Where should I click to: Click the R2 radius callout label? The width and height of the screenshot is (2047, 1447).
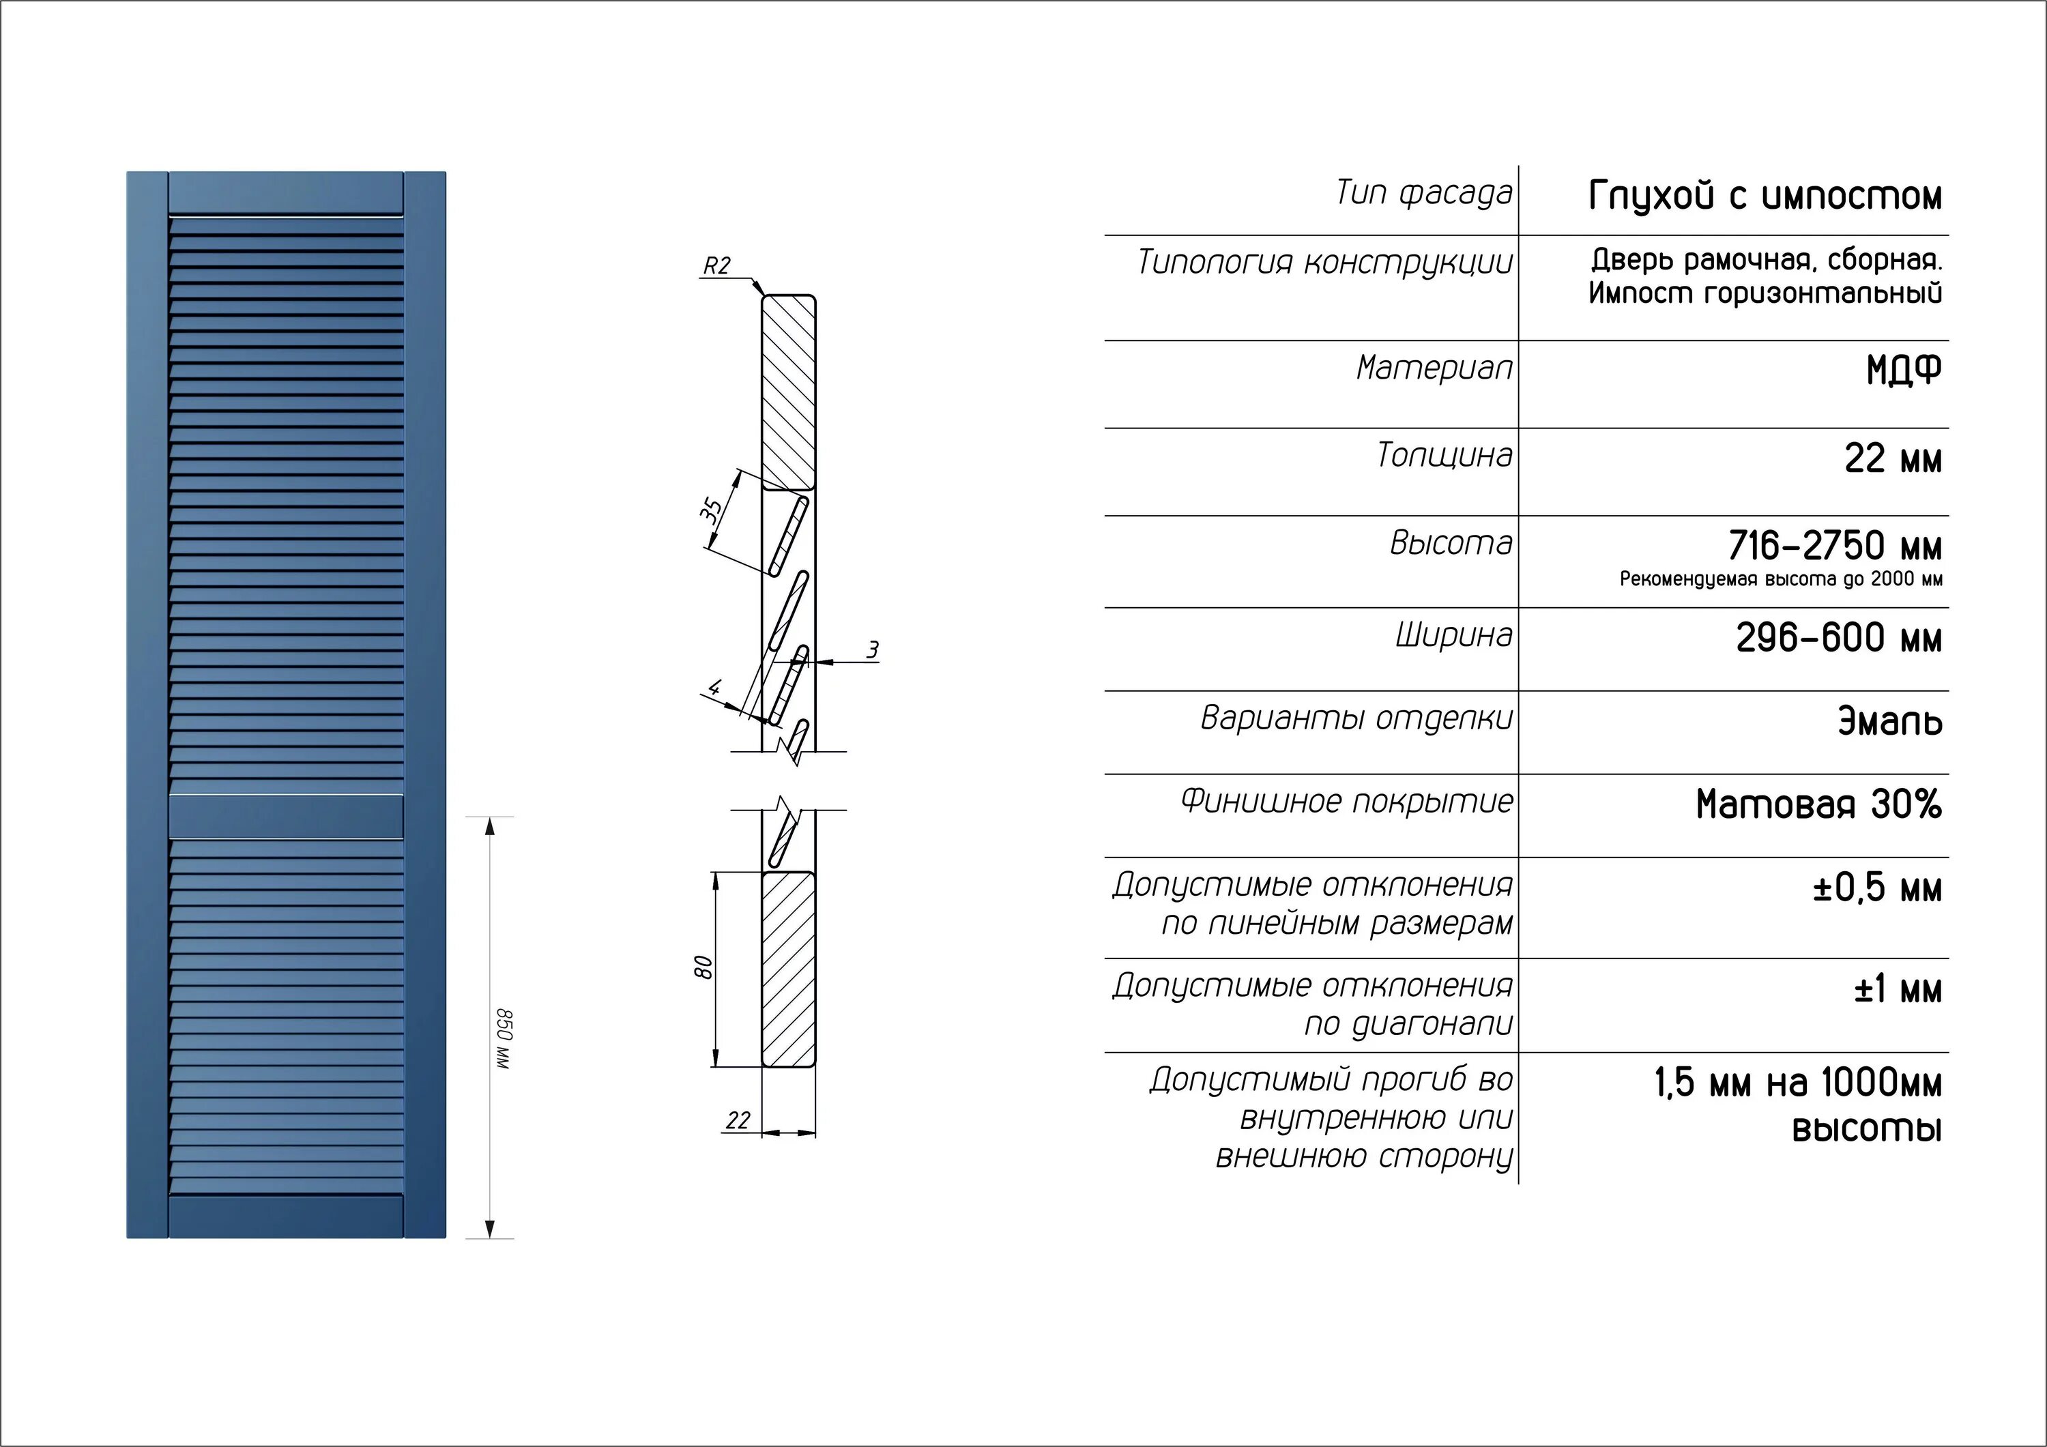pos(717,265)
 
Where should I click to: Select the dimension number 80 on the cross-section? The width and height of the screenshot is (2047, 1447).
pos(703,967)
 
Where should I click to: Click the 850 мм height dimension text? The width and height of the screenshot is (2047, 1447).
pos(504,1038)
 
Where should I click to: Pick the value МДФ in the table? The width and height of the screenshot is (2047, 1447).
pos(1904,370)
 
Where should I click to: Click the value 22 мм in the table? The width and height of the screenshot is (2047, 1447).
pos(1893,459)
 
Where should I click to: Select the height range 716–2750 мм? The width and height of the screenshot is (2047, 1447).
pos(1835,546)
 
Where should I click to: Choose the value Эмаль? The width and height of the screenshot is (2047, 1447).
pos(1890,721)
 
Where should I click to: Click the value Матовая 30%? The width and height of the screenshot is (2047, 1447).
pos(1819,804)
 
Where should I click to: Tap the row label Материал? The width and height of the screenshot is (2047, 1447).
pos(1434,367)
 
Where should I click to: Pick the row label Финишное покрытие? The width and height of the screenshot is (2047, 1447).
pos(1347,802)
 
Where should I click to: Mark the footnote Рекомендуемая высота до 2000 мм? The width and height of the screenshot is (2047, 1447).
pos(1780,579)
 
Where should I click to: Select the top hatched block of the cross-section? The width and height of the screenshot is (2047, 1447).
pos(789,392)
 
